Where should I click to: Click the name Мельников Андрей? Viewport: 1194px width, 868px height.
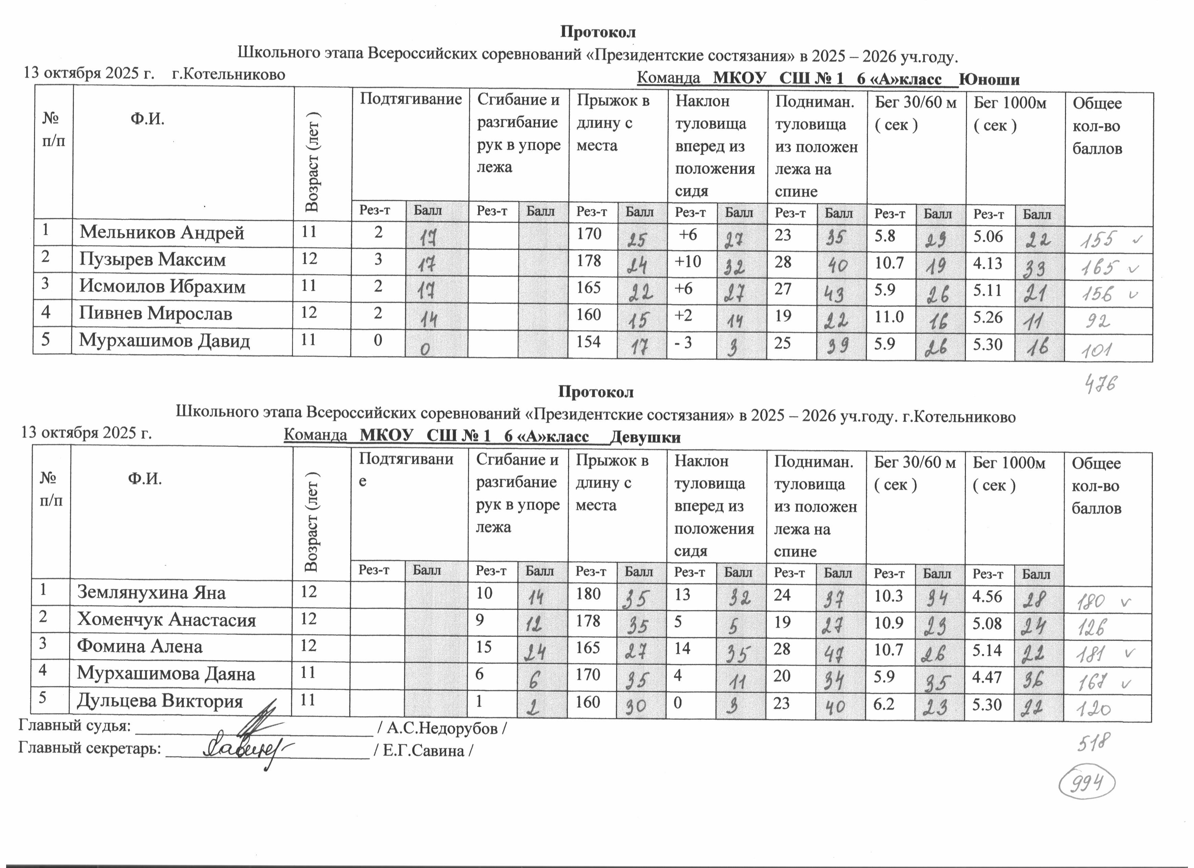click(x=162, y=233)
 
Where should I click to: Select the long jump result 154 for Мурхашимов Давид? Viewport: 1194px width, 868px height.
click(x=588, y=342)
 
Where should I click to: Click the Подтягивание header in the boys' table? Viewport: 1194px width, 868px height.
click(x=410, y=99)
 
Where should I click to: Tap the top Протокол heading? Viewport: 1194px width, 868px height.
click(x=598, y=32)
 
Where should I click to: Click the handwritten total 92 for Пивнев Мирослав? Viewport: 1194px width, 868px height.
click(x=1098, y=321)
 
